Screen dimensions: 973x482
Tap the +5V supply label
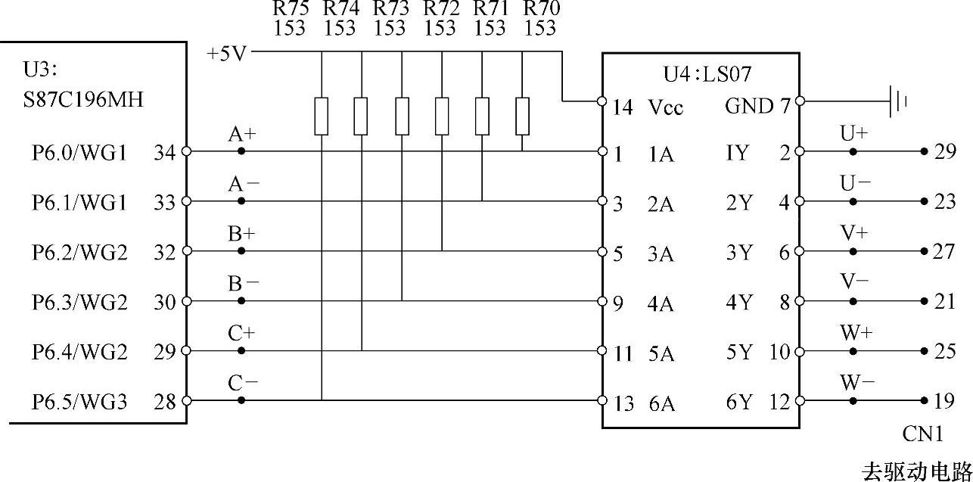[x=226, y=54]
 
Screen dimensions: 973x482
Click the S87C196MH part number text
[x=83, y=99]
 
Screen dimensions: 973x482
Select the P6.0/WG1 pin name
[x=79, y=153]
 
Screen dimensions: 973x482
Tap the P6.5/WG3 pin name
[x=79, y=402]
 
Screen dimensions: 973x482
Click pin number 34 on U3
[x=164, y=153]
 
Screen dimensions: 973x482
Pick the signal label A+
[x=242, y=135]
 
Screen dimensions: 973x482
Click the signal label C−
[x=243, y=384]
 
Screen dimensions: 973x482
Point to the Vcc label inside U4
[x=666, y=108]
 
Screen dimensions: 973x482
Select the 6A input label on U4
[x=661, y=404]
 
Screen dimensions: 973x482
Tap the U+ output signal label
[x=854, y=133]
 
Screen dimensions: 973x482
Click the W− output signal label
[x=856, y=382]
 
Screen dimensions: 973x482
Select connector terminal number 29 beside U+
[x=945, y=151]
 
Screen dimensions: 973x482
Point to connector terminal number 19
[x=945, y=402]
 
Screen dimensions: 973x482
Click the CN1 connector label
[x=923, y=434]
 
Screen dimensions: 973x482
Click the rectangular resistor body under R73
[x=402, y=114]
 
